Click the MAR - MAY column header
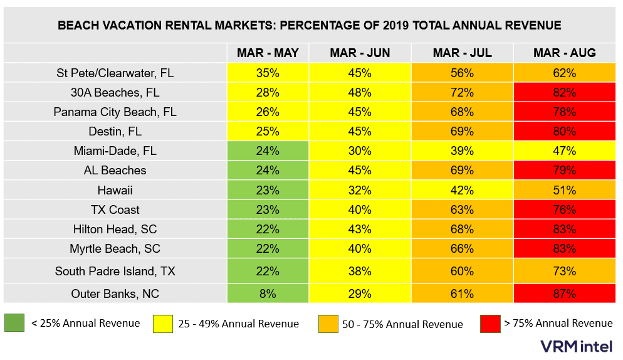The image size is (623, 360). coord(268,53)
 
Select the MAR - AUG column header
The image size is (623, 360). coord(564,53)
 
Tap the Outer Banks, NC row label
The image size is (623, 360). coord(115,293)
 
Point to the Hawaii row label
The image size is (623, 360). coord(115,190)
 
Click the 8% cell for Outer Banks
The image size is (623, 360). coord(268,293)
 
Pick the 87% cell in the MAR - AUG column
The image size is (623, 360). coord(564,293)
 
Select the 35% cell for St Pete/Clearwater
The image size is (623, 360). coord(268,73)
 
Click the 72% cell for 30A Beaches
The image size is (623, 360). coord(461,92)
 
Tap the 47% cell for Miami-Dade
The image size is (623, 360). coord(564,151)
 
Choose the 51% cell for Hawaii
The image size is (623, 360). coord(564,190)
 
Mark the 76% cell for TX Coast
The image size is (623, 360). coord(564,209)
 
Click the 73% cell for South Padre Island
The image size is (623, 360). coord(564,272)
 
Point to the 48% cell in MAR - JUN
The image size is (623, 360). coord(359,92)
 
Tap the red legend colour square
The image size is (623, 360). coord(491,324)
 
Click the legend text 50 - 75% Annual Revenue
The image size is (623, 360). coord(402,324)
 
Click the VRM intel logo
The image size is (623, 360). coord(577,346)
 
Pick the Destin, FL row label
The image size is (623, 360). coord(115,132)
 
